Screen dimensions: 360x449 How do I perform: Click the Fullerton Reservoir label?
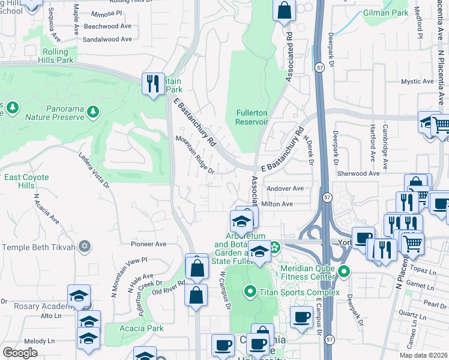(252, 116)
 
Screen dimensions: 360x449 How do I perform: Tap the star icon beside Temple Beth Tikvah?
(85, 247)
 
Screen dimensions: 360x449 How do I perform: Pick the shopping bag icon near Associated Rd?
(284, 10)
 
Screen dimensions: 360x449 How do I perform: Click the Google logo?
(20, 353)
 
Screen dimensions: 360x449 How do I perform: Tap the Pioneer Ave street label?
(148, 244)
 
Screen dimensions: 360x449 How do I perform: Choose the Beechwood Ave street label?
(107, 26)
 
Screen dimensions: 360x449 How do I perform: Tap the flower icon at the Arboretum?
(275, 247)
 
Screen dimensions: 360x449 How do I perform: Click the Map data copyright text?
(423, 355)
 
